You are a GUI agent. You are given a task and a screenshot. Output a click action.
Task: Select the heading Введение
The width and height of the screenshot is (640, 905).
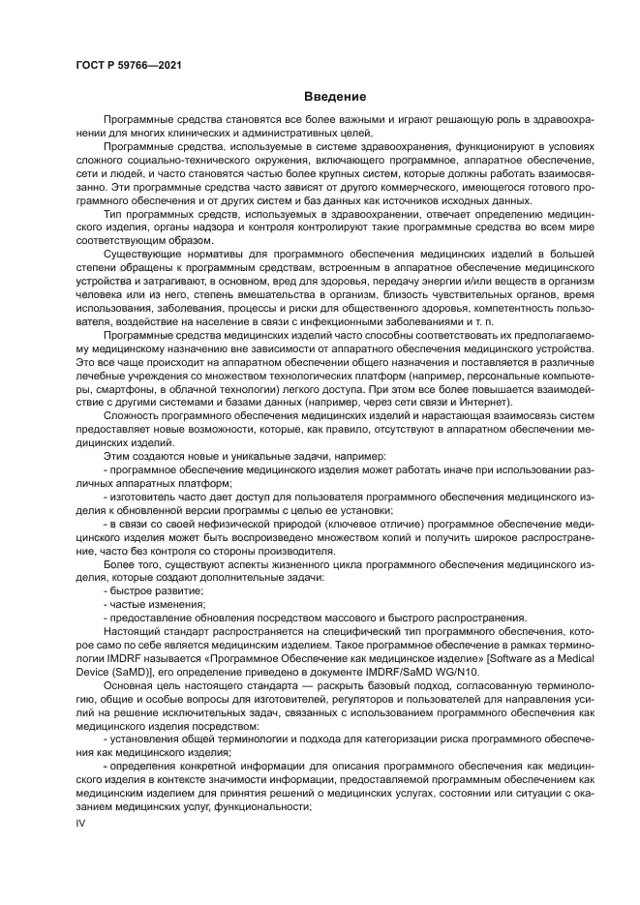pos(335,97)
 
